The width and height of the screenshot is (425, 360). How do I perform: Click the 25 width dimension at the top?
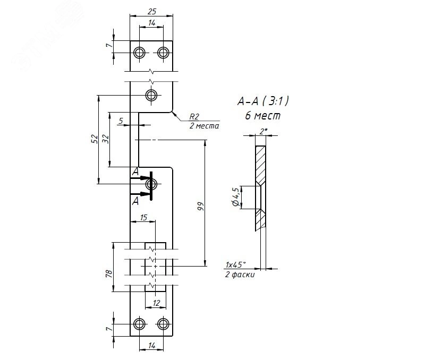(x=152, y=11)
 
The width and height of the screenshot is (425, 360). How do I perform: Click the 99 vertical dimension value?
(x=201, y=206)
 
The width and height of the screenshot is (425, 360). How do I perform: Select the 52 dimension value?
(x=94, y=139)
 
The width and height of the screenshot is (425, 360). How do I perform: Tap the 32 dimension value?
(x=105, y=139)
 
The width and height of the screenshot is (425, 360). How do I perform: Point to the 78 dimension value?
(x=109, y=273)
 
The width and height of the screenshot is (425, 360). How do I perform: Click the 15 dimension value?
(x=143, y=217)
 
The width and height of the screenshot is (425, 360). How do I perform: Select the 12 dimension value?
(x=156, y=303)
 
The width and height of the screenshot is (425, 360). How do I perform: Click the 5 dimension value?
(x=121, y=121)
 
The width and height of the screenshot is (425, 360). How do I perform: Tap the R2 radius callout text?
(x=194, y=117)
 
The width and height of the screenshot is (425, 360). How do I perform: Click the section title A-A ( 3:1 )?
(x=263, y=101)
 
